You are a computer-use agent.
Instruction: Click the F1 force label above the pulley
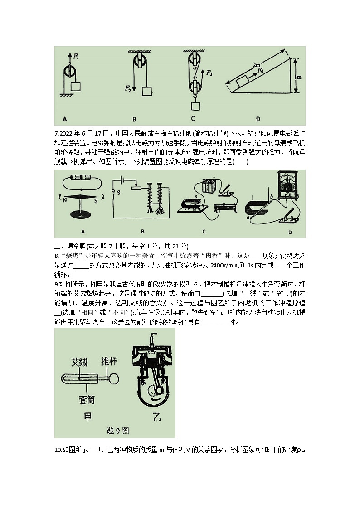coord(77,57)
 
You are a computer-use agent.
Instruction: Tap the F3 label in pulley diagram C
coord(209,73)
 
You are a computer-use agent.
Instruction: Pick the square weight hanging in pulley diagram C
coord(195,107)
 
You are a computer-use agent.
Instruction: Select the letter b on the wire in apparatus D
coord(271,195)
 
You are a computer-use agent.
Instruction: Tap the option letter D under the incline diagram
coord(258,119)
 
